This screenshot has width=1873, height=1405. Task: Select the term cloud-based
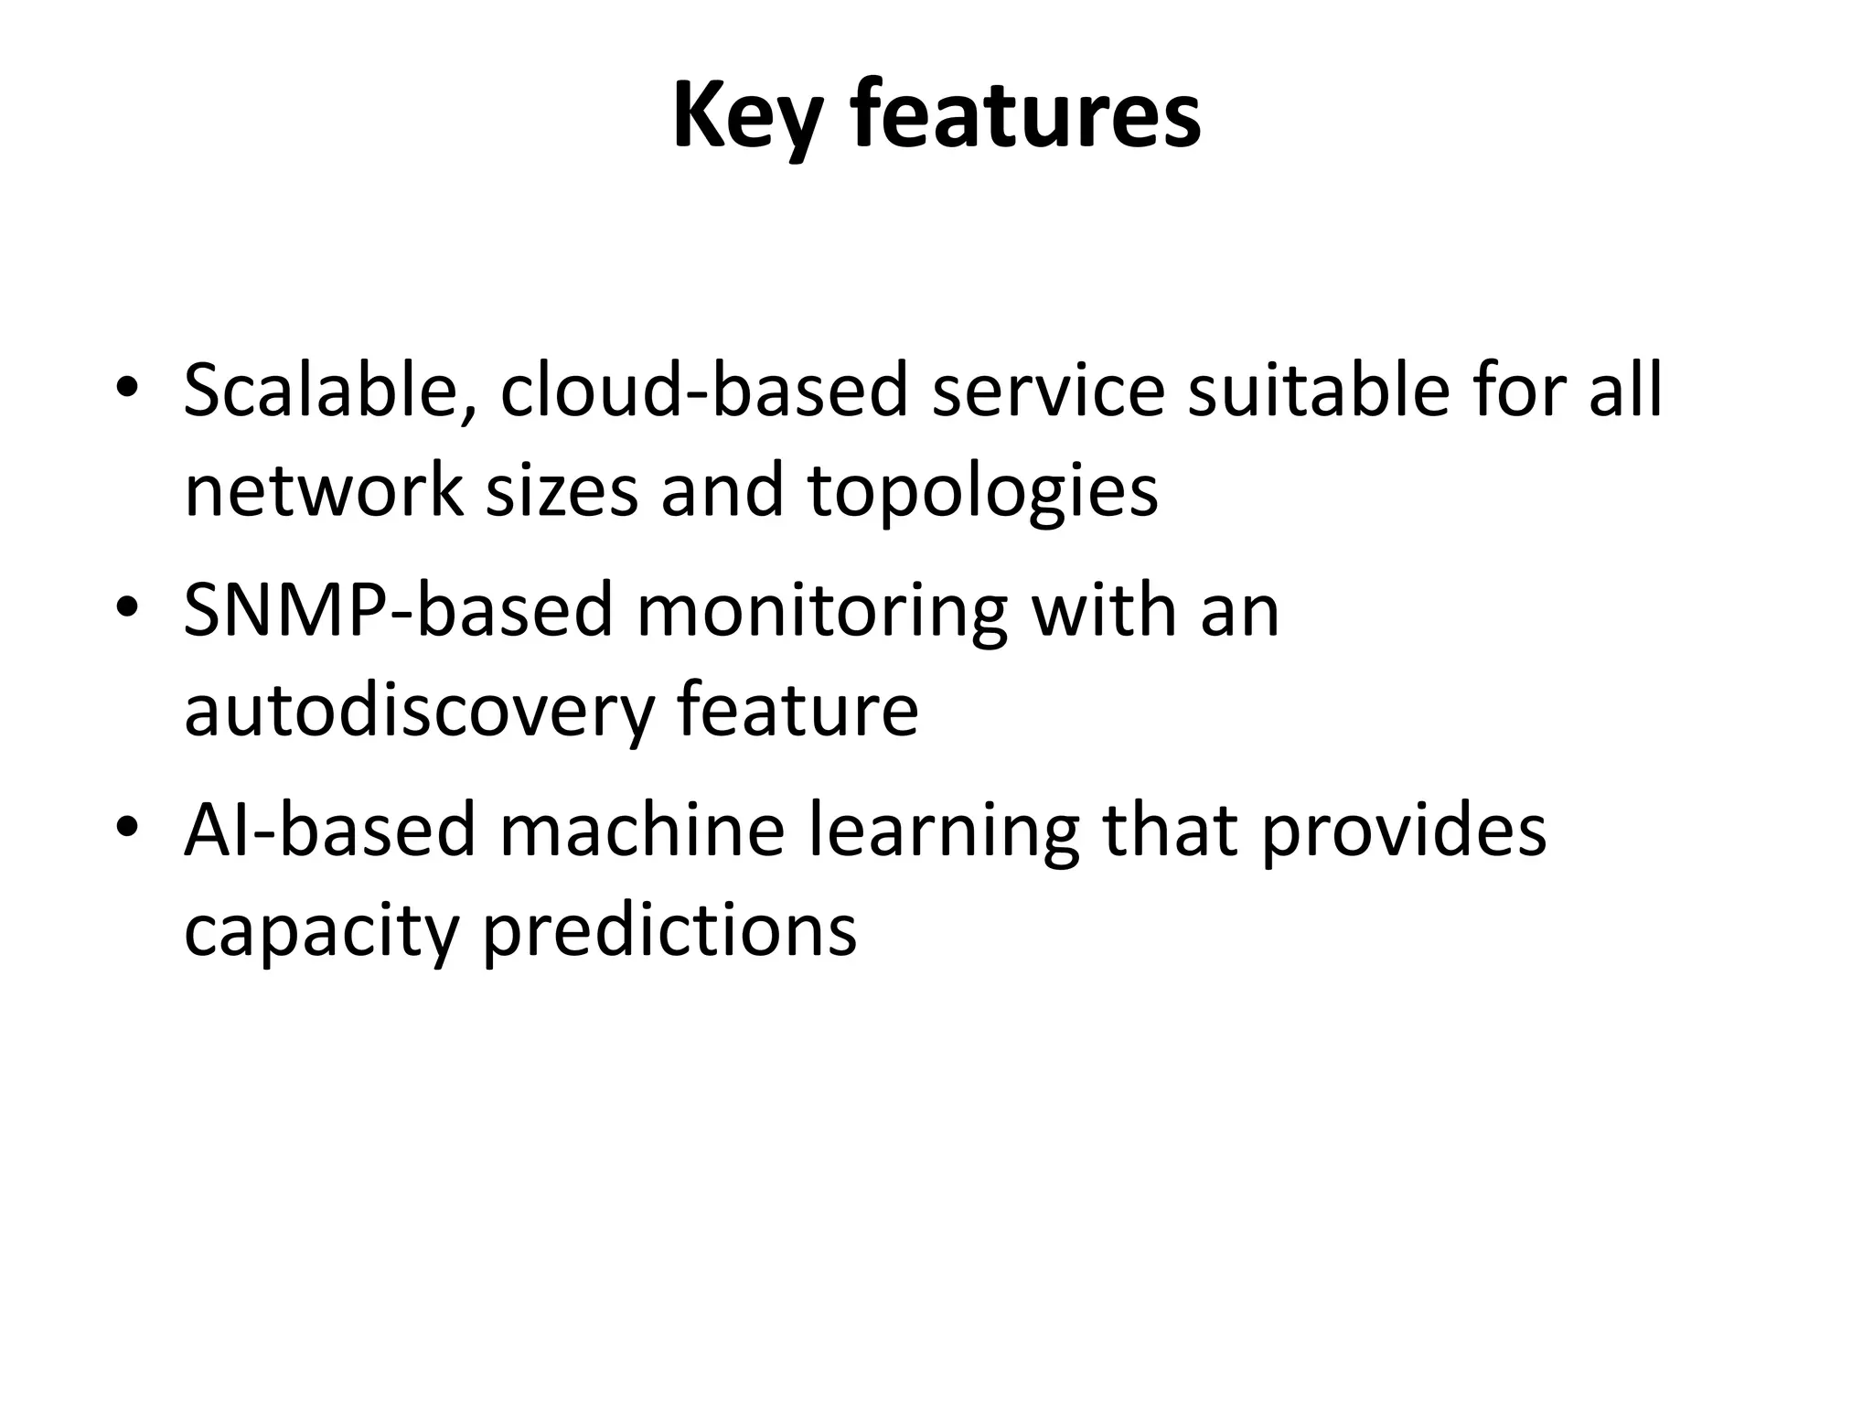pyautogui.click(x=703, y=391)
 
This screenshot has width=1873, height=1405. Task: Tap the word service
pyautogui.click(x=1048, y=391)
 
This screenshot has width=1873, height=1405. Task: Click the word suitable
pyautogui.click(x=1318, y=391)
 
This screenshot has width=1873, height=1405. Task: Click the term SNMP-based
pyautogui.click(x=397, y=611)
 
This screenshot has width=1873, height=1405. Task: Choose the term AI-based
pyautogui.click(x=329, y=831)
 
